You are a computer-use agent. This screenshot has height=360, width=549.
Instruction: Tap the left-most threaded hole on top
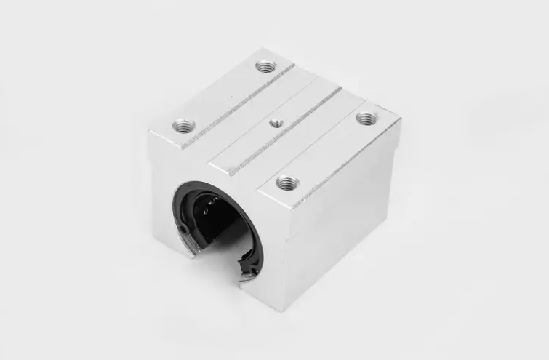(181, 127)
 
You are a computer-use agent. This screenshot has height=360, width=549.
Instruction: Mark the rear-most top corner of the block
(265, 49)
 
